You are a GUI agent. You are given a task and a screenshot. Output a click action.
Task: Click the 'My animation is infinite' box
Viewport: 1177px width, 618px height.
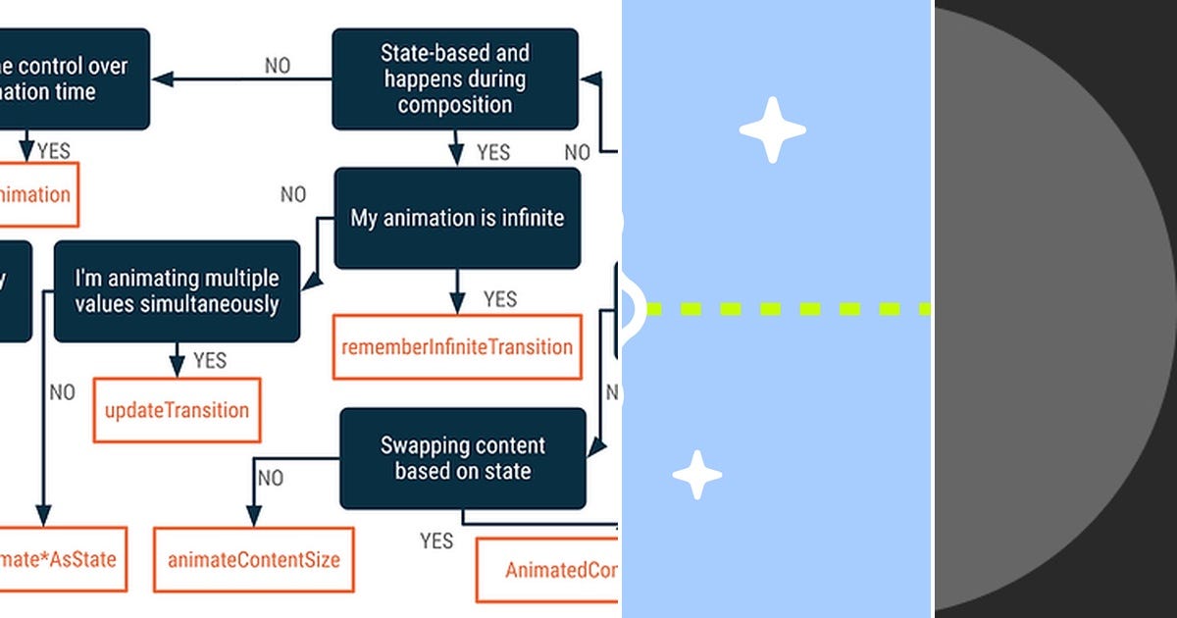(x=457, y=218)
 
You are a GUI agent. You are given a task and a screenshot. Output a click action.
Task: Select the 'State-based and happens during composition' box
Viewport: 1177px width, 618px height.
(x=455, y=79)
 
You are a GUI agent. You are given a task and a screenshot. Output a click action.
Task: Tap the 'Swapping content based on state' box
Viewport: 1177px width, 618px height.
(x=463, y=458)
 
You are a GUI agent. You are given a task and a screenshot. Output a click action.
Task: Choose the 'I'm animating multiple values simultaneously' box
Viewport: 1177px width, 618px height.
(x=177, y=291)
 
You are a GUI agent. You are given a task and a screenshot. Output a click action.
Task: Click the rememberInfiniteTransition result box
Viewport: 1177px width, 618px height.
(x=457, y=346)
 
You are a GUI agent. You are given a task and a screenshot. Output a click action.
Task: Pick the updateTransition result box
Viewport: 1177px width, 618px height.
(x=177, y=410)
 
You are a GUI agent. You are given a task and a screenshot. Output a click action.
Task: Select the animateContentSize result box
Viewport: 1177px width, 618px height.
(x=253, y=560)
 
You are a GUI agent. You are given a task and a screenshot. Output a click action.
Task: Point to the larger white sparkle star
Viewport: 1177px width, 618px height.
(x=773, y=129)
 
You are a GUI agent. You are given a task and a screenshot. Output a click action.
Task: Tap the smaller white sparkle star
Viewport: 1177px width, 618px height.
(x=697, y=475)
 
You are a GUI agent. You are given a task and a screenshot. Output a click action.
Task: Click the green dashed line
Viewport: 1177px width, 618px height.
(x=785, y=309)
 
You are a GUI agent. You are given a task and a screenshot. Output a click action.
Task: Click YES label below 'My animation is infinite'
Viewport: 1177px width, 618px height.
(x=500, y=298)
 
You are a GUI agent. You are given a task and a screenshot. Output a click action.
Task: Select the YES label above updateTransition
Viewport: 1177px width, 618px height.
(x=210, y=360)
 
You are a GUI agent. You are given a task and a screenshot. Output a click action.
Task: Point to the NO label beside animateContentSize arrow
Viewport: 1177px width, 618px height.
(x=271, y=478)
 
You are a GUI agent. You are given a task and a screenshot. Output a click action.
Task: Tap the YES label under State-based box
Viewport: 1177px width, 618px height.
(x=493, y=152)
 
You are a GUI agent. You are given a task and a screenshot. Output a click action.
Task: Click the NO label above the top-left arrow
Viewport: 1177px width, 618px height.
(x=278, y=66)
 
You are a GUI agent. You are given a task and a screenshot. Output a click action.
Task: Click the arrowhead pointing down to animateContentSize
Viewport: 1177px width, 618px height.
(x=253, y=517)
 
